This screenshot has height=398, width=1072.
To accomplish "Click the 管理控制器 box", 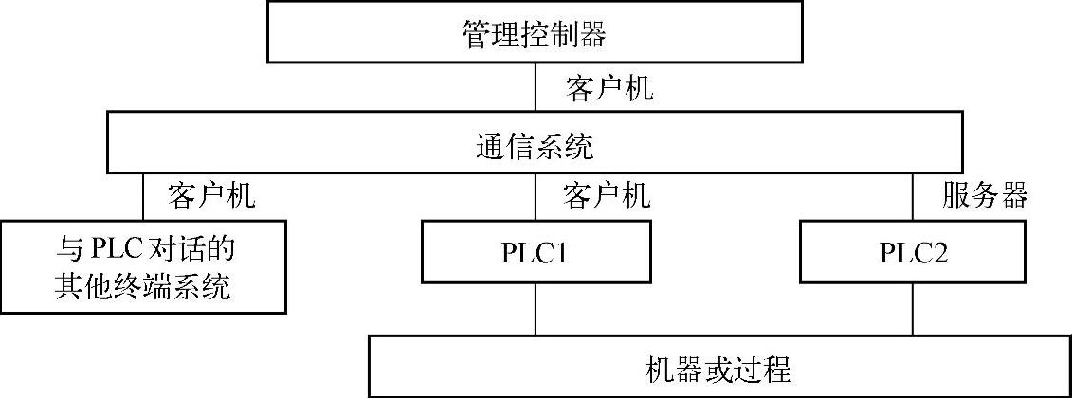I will pyautogui.click(x=536, y=35).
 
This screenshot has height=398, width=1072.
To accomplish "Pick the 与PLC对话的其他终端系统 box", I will pyautogui.click(x=143, y=266).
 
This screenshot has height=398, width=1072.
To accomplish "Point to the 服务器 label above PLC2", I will pyautogui.click(x=986, y=197).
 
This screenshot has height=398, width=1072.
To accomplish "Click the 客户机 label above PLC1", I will pyautogui.click(x=608, y=197).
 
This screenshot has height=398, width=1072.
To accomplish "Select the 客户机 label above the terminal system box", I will pyautogui.click(x=212, y=197).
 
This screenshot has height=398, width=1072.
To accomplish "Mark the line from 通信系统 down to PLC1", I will pyautogui.click(x=536, y=199).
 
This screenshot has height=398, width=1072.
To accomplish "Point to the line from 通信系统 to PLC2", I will pyautogui.click(x=913, y=199).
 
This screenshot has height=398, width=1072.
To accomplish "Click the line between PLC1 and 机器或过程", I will pyautogui.click(x=536, y=308).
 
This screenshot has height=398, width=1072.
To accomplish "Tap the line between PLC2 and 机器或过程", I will pyautogui.click(x=913, y=308).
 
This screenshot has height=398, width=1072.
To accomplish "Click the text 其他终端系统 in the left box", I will pyautogui.click(x=143, y=284).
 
